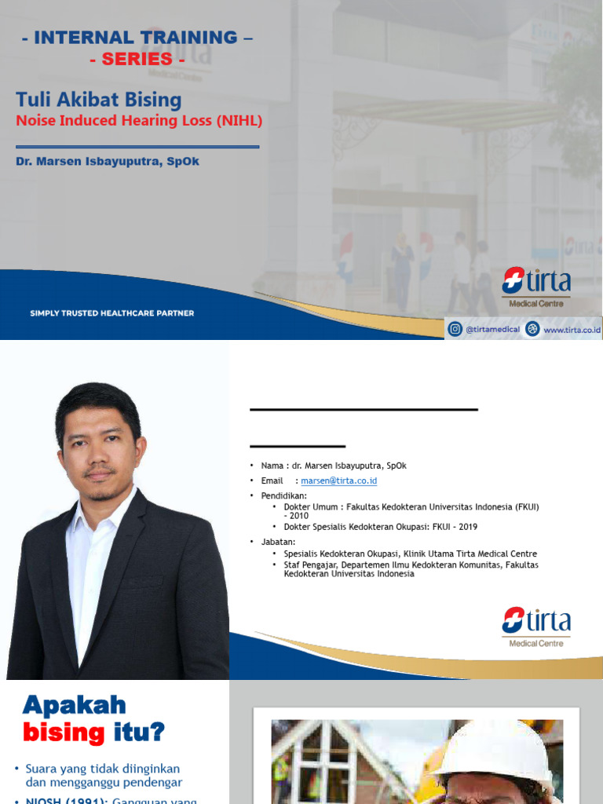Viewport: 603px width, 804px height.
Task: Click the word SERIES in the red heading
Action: pyautogui.click(x=137, y=59)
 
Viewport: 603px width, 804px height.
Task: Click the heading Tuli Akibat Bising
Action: pyautogui.click(x=99, y=100)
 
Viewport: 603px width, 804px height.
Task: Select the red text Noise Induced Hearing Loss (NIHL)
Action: pyautogui.click(x=139, y=121)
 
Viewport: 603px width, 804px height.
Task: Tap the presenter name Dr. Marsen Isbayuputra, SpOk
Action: pyautogui.click(x=107, y=162)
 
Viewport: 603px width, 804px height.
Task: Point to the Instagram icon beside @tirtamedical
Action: pyautogui.click(x=455, y=330)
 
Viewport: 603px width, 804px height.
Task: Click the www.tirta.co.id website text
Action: pyautogui.click(x=572, y=331)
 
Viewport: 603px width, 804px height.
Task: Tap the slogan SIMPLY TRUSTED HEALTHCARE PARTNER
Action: pyautogui.click(x=111, y=313)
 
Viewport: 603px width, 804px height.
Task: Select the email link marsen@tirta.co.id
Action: pyautogui.click(x=332, y=481)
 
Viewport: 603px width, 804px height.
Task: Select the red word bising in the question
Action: pyautogui.click(x=64, y=733)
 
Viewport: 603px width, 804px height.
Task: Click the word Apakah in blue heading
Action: pyautogui.click(x=74, y=704)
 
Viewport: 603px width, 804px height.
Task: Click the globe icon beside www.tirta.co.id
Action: pyautogui.click(x=533, y=330)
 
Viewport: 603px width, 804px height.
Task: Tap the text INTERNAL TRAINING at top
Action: pyautogui.click(x=135, y=37)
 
